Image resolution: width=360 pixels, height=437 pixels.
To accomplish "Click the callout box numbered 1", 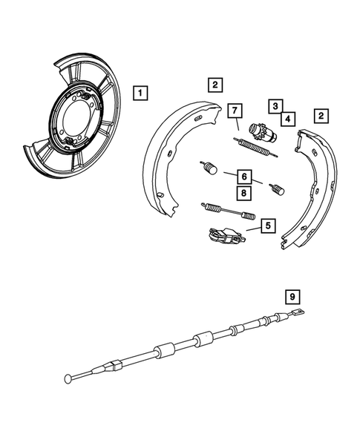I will [x=140, y=93].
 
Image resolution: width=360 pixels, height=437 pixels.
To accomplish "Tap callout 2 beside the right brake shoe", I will [x=321, y=116].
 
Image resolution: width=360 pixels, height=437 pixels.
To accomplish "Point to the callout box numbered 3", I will [x=275, y=106].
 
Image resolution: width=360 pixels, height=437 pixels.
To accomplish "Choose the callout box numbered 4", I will [x=285, y=117].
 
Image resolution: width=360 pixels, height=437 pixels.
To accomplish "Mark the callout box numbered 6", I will [x=243, y=177].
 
